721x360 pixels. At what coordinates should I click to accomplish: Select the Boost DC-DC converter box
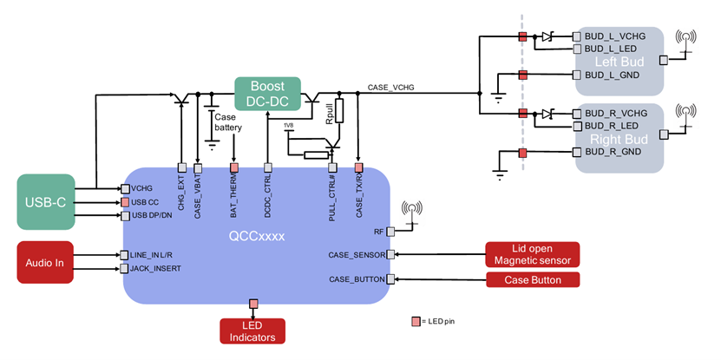267,94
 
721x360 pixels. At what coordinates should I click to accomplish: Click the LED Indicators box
253,331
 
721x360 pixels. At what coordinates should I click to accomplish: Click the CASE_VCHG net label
390,87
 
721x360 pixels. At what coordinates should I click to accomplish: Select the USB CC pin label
146,202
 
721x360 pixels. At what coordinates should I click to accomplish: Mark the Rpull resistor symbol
339,111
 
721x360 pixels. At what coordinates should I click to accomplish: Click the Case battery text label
229,121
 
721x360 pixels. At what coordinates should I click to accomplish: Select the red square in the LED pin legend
416,322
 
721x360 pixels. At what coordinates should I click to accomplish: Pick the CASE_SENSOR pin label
357,254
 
